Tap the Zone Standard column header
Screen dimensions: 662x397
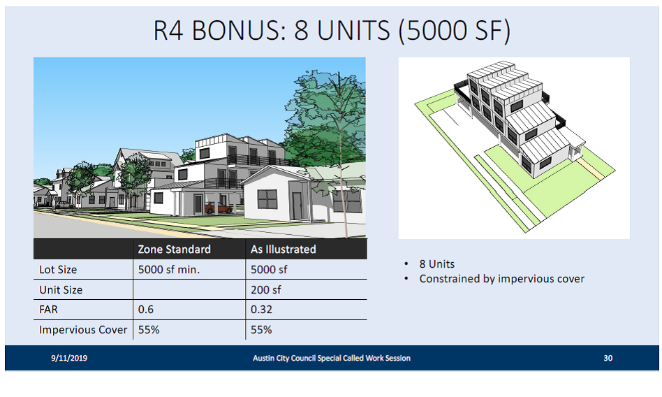[174, 250]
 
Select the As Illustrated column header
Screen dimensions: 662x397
[284, 250]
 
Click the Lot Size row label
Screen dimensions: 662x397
[58, 270]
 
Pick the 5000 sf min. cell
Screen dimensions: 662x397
[169, 270]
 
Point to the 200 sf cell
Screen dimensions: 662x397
[265, 290]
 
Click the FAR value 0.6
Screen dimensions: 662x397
[146, 310]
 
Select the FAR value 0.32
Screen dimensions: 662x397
[261, 310]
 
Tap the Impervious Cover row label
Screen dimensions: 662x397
[82, 330]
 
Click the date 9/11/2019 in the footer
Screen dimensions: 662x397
[69, 358]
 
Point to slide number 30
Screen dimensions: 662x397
[608, 358]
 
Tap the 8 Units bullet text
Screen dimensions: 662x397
[437, 264]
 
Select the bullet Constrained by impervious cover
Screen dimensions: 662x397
[501, 279]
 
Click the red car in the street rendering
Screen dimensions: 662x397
[218, 208]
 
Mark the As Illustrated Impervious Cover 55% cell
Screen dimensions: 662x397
[261, 330]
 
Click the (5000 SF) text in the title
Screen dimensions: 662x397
[455, 31]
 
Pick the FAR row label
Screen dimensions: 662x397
[48, 310]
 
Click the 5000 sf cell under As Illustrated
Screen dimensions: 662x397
[269, 270]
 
